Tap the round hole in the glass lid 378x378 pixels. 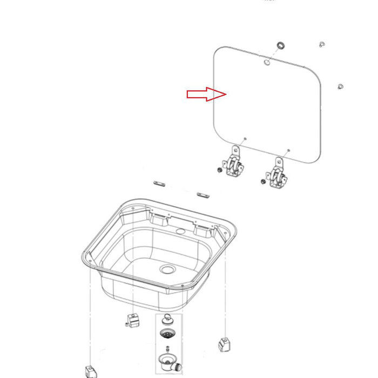point(267,62)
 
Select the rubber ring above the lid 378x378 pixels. point(281,44)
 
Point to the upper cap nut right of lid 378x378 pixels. point(321,43)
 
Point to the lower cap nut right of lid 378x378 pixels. point(340,86)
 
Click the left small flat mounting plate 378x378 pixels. point(159,184)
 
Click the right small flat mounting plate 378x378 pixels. point(202,195)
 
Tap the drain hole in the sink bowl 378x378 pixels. point(167,268)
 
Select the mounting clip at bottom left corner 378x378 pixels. point(90,372)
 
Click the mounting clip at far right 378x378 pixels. point(223,343)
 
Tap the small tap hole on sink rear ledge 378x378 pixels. point(180,232)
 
